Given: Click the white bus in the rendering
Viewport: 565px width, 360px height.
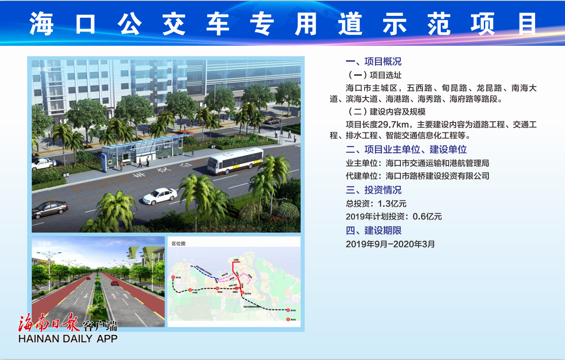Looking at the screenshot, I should point(235,161).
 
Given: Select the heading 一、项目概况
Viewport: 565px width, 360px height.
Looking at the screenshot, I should point(374,62).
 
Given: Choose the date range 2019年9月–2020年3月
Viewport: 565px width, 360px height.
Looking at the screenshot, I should point(390,244).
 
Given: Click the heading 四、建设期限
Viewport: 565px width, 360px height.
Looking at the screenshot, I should point(374,230).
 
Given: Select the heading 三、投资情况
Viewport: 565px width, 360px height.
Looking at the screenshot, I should point(374,190).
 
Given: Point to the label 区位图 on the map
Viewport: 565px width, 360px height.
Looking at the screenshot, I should point(178,243).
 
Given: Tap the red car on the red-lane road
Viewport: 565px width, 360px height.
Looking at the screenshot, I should point(115,283).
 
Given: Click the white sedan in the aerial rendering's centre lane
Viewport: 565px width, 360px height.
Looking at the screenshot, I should point(160,196).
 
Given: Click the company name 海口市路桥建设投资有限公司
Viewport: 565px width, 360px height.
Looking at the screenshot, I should point(438,176).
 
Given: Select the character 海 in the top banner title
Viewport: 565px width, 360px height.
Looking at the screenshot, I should point(42,24).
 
